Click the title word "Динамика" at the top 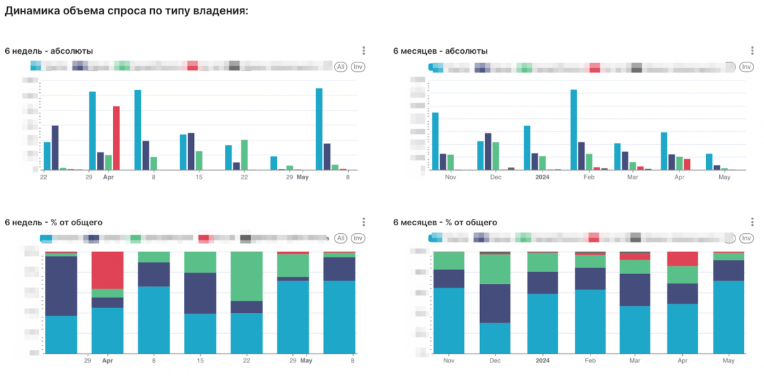point(29,12)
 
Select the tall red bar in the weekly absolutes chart point(116,138)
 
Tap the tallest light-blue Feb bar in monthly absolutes point(574,129)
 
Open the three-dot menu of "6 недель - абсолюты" point(364,51)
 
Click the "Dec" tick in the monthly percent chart point(495,360)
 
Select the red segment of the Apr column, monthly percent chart point(682,258)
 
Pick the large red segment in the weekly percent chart point(107,270)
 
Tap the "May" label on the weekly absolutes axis point(303,177)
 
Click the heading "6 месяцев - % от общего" point(445,223)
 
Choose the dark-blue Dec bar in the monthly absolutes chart point(487,151)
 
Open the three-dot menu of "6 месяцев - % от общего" point(753,222)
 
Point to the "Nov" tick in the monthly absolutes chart point(450,177)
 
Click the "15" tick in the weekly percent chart point(200,360)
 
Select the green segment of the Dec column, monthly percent point(495,269)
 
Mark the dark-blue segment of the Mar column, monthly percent point(635,290)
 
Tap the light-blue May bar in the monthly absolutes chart point(709,162)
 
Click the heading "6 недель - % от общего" point(54,223)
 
